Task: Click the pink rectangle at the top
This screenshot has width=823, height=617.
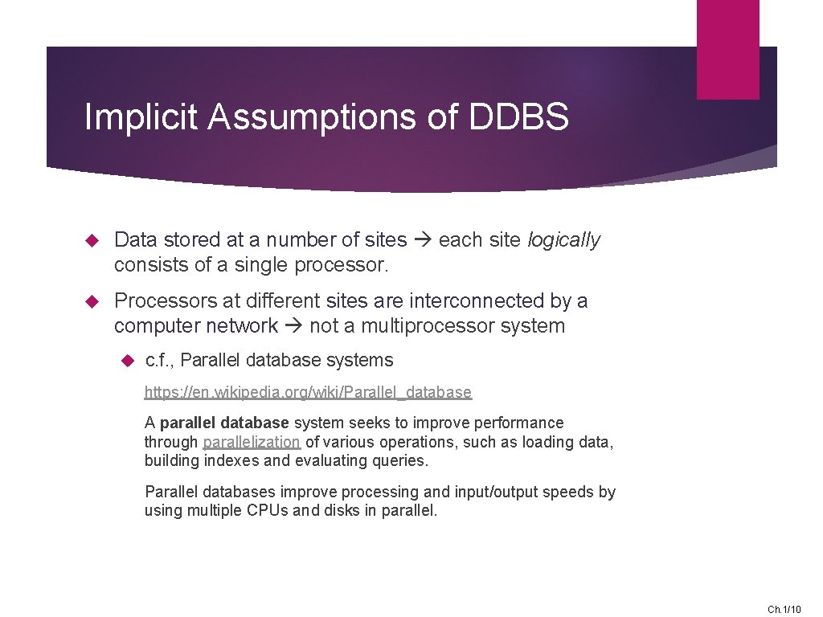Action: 727,48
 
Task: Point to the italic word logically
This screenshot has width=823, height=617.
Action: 563,239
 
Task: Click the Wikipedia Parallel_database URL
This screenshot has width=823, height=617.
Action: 308,392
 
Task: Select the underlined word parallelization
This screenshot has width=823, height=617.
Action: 252,442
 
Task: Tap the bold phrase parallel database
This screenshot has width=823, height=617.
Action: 224,423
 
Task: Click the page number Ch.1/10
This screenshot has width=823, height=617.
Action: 784,610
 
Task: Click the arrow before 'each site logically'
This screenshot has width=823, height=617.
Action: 423,239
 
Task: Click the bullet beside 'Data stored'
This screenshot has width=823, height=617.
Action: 91,239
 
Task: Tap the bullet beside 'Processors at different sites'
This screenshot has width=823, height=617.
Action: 91,301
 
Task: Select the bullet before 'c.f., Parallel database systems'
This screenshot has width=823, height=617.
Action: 125,361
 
